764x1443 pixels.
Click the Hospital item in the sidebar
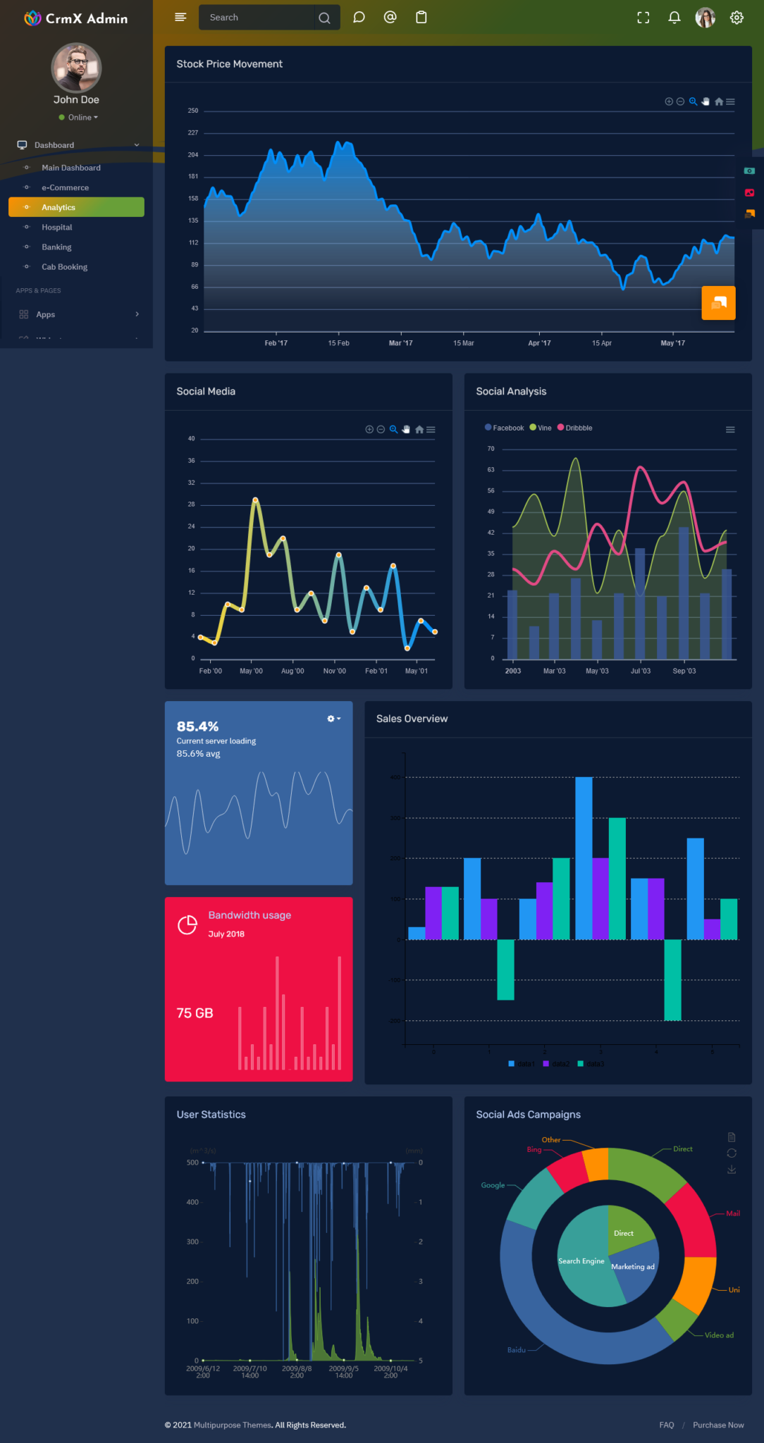point(56,228)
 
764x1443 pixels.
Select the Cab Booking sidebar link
point(64,267)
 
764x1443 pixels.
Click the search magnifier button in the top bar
point(324,18)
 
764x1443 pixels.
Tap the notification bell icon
point(674,18)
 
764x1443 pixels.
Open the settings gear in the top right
point(737,18)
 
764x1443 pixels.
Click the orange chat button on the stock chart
point(718,303)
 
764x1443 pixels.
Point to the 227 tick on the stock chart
point(193,133)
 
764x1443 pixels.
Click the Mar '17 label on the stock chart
point(400,343)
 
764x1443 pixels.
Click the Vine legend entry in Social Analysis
point(543,428)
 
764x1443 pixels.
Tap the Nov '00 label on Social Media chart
point(334,671)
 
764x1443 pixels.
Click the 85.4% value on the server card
point(197,726)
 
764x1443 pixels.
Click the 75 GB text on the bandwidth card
point(195,1013)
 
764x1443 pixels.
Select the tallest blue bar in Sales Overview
point(584,857)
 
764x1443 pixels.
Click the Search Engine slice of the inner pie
point(581,1261)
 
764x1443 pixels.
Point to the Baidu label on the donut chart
point(516,1350)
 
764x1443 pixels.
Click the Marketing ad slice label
point(632,1267)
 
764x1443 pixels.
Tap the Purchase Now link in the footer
point(717,1425)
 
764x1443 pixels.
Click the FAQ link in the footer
point(666,1425)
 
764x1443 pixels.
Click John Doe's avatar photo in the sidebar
point(76,68)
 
